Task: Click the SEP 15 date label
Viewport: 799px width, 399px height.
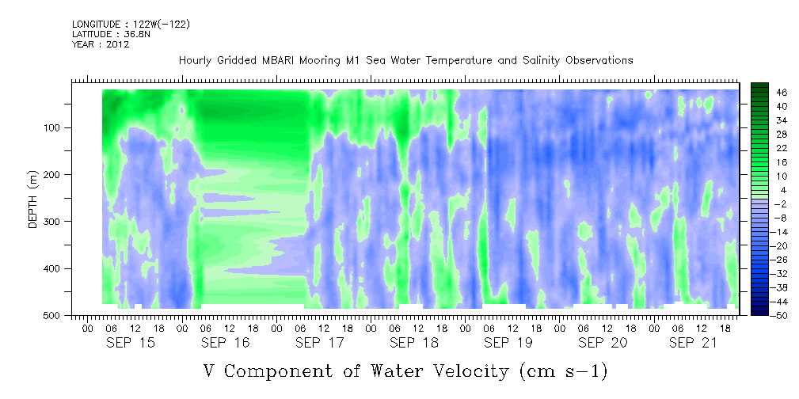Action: [x=131, y=343]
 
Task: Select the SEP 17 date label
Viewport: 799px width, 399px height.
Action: [x=320, y=343]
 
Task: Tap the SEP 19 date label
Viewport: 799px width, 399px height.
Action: [x=508, y=343]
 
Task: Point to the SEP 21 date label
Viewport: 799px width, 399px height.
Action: [x=693, y=343]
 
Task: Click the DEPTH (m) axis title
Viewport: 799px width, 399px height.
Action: [x=33, y=199]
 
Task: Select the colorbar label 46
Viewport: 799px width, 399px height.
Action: [x=768, y=93]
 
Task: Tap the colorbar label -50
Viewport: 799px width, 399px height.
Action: [x=766, y=315]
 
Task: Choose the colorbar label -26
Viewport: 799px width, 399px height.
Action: [x=766, y=260]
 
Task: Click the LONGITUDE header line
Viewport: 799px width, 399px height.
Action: [x=131, y=25]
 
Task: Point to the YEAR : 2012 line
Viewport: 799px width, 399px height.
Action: [x=101, y=44]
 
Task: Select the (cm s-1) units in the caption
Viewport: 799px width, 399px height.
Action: [x=563, y=371]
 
